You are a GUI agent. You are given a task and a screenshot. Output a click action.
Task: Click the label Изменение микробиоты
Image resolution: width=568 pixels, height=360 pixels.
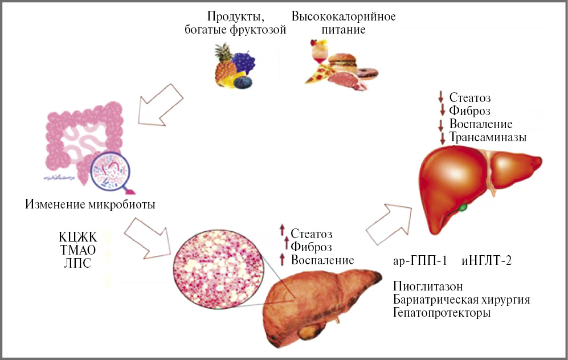tap(90, 203)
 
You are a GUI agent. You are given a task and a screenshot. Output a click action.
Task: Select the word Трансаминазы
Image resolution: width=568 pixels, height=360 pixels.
tap(488, 138)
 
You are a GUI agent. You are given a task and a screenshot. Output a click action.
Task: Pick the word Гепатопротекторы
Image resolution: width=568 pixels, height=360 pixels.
tap(442, 313)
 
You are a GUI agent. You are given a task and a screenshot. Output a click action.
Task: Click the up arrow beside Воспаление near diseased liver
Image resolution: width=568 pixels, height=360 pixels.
tap(281, 259)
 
